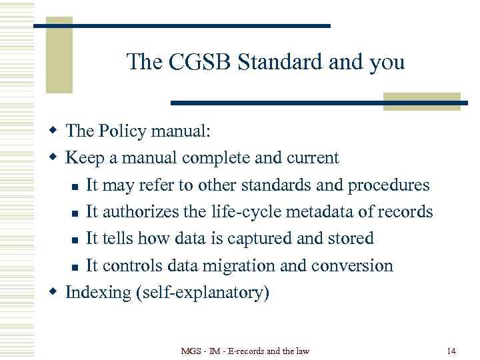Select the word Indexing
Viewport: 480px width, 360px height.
coord(98,293)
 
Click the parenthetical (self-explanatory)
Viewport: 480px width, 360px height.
coord(203,293)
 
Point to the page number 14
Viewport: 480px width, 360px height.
coord(451,351)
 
